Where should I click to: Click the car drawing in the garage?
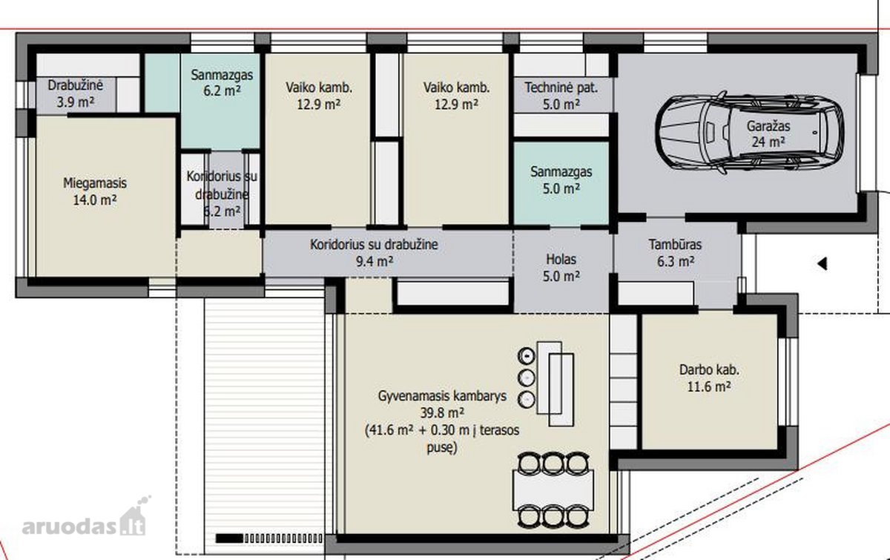(x=749, y=132)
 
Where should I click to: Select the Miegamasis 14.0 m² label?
(x=95, y=191)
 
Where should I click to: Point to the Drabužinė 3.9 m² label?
(x=76, y=93)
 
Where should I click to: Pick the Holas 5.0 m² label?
(x=561, y=268)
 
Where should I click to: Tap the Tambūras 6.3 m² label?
(x=676, y=253)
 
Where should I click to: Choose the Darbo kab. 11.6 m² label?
(x=709, y=378)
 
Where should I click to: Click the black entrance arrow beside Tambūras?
(x=823, y=263)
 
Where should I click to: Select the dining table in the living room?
(x=553, y=490)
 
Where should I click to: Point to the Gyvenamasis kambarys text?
(x=442, y=396)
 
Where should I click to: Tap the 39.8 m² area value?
(x=442, y=413)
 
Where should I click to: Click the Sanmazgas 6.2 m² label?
(x=222, y=82)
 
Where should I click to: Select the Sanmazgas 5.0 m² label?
(x=561, y=180)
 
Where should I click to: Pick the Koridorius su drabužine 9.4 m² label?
(x=374, y=253)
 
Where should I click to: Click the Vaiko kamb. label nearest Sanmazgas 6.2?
(x=319, y=96)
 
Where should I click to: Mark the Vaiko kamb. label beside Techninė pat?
(x=456, y=96)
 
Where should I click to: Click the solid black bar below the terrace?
(x=229, y=538)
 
